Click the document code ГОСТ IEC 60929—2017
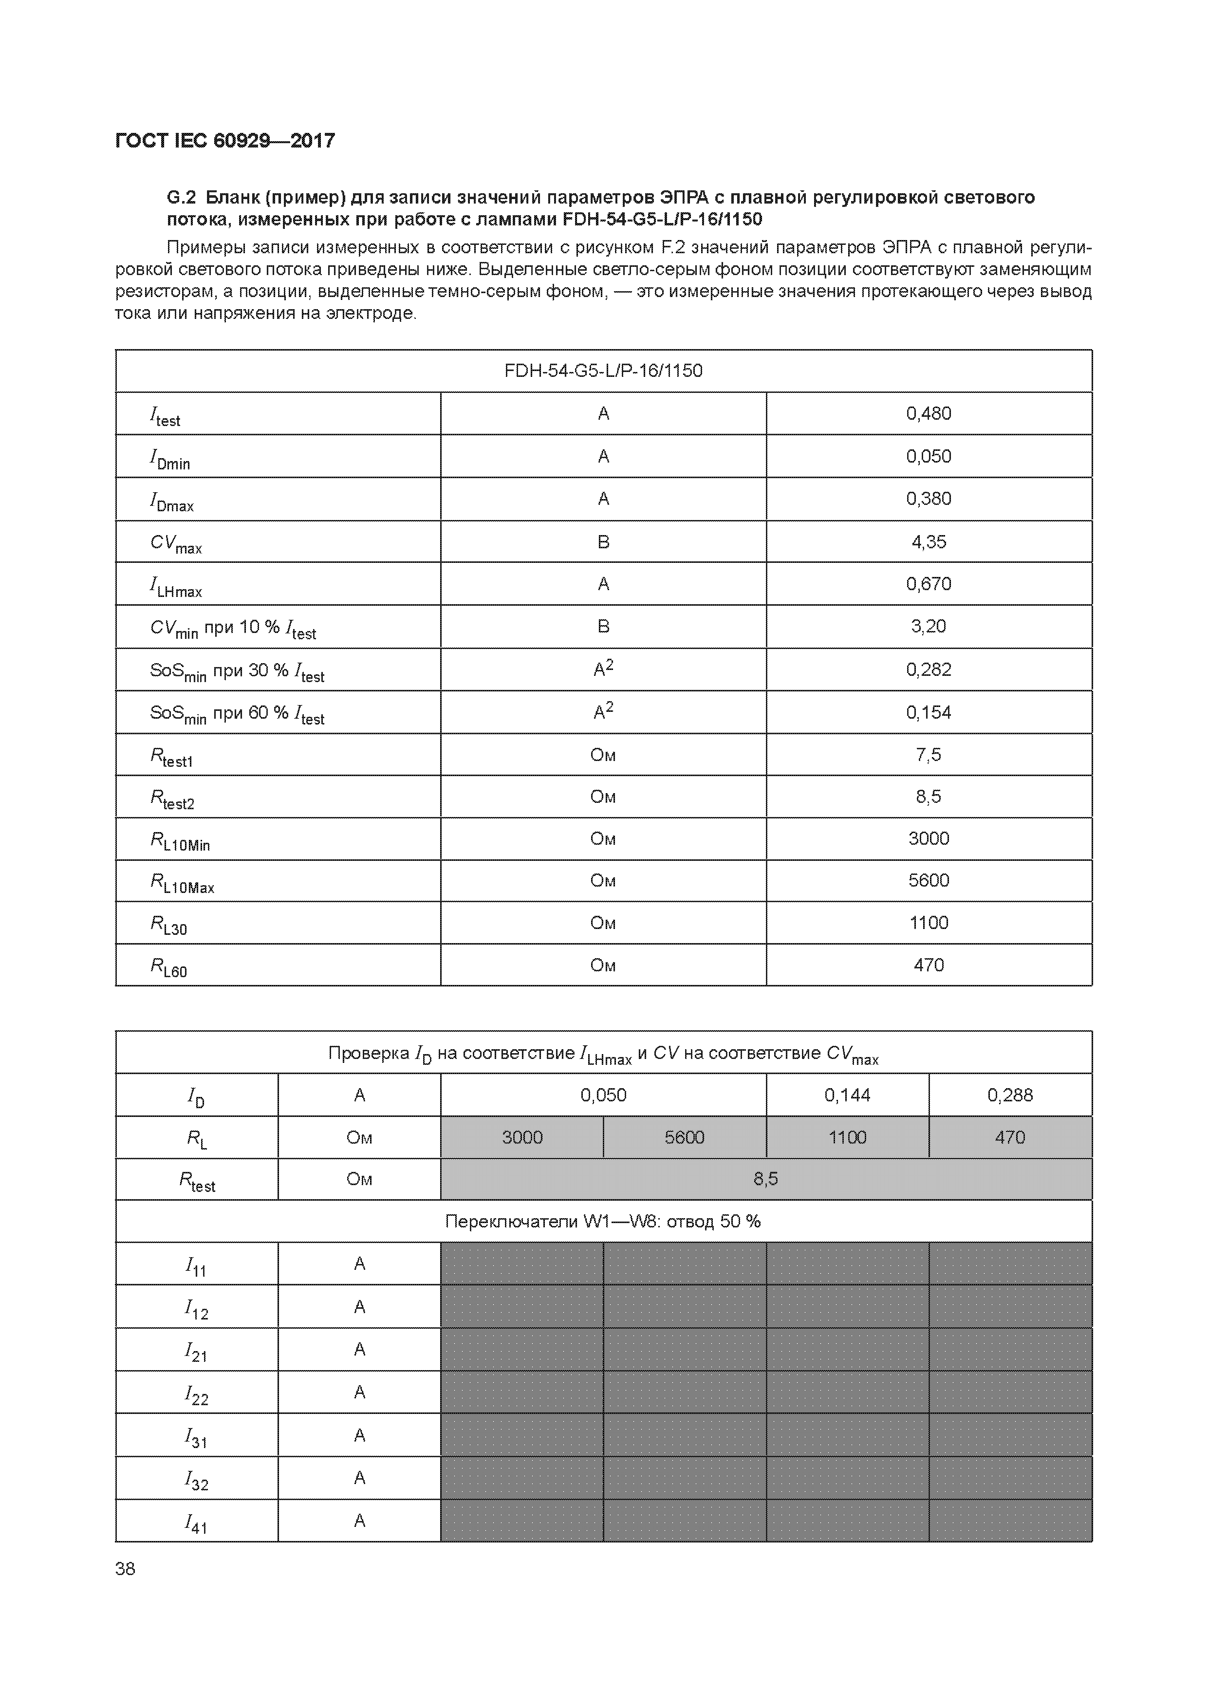(225, 141)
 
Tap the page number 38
(126, 1568)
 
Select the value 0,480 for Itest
(929, 413)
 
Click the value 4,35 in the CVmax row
(929, 541)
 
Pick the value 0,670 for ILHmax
(929, 584)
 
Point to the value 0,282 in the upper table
(929, 669)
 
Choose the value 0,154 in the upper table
(929, 713)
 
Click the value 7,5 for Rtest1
(929, 755)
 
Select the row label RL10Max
(182, 882)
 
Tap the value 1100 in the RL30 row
(929, 923)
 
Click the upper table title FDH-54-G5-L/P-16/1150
(603, 371)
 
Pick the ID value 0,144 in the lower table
(847, 1095)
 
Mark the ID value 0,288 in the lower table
(1010, 1095)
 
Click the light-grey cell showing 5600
(684, 1137)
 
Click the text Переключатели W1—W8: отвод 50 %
(603, 1222)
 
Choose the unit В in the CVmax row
(603, 541)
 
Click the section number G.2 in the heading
(181, 198)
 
